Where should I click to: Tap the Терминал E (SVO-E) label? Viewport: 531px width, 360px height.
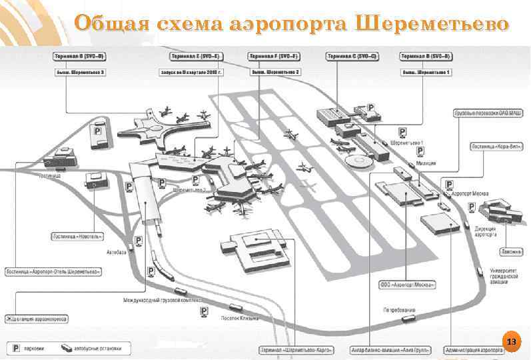pos(196,57)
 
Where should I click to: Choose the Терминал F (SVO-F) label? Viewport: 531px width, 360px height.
pos(274,57)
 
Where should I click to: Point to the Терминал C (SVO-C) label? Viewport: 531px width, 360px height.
pos(352,57)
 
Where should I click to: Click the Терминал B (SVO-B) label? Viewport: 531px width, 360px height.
pos(426,57)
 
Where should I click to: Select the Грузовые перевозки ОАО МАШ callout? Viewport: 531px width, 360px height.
pos(488,114)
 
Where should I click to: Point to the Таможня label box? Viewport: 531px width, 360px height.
pos(511,251)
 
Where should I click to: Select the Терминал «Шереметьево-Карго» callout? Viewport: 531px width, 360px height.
pos(296,350)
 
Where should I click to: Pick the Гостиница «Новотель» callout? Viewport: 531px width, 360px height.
pos(77,236)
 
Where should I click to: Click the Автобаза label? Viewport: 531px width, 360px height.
pos(117,253)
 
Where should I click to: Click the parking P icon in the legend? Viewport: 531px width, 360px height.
pos(14,348)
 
